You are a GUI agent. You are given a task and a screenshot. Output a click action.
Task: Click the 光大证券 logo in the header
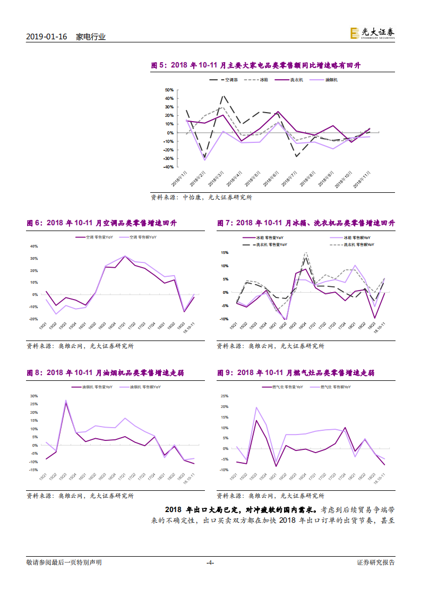pyautogui.click(x=372, y=33)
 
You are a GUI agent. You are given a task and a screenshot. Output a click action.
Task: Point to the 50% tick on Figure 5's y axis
pyautogui.click(x=169, y=90)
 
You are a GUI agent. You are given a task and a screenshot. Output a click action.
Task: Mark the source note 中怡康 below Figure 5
pyautogui.click(x=193, y=197)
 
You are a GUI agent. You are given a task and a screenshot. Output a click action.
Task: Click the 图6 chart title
pyautogui.click(x=101, y=223)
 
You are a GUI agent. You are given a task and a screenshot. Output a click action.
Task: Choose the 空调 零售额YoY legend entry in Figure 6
pyautogui.click(x=141, y=237)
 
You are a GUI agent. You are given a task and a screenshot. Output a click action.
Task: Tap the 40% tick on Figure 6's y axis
pyautogui.click(x=33, y=246)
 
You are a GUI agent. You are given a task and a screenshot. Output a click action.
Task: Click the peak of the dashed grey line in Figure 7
pyautogui.click(x=305, y=253)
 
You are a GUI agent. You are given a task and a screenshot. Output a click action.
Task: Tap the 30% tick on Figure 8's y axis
pyautogui.click(x=33, y=396)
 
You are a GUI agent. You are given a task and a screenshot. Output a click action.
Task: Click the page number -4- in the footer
pyautogui.click(x=210, y=563)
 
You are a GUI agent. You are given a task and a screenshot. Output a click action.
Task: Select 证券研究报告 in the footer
pyautogui.click(x=376, y=563)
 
